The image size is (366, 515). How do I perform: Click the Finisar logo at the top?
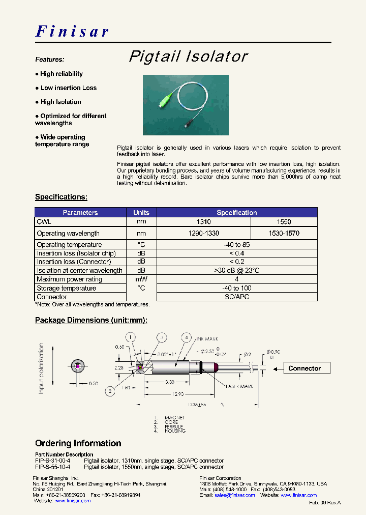coord(72,31)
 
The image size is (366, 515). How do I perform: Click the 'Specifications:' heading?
coord(61,197)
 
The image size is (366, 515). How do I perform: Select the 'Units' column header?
coord(141,212)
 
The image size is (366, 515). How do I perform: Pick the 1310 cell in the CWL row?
coord(204,222)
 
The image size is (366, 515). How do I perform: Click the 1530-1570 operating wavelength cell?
coord(284,233)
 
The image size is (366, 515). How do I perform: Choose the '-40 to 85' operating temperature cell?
coord(236,245)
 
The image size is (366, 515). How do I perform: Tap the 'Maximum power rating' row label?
coord(69,279)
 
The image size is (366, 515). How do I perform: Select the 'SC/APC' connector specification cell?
coord(236,297)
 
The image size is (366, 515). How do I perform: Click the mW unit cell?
coord(141,279)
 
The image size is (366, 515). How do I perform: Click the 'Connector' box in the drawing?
coord(304,368)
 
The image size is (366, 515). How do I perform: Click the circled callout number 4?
coord(187,337)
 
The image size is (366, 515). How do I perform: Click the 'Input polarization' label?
coord(42,368)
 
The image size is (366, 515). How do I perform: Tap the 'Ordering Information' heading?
coord(78,443)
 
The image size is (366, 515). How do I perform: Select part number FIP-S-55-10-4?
coord(53,467)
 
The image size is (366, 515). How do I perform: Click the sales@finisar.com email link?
coord(234,495)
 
